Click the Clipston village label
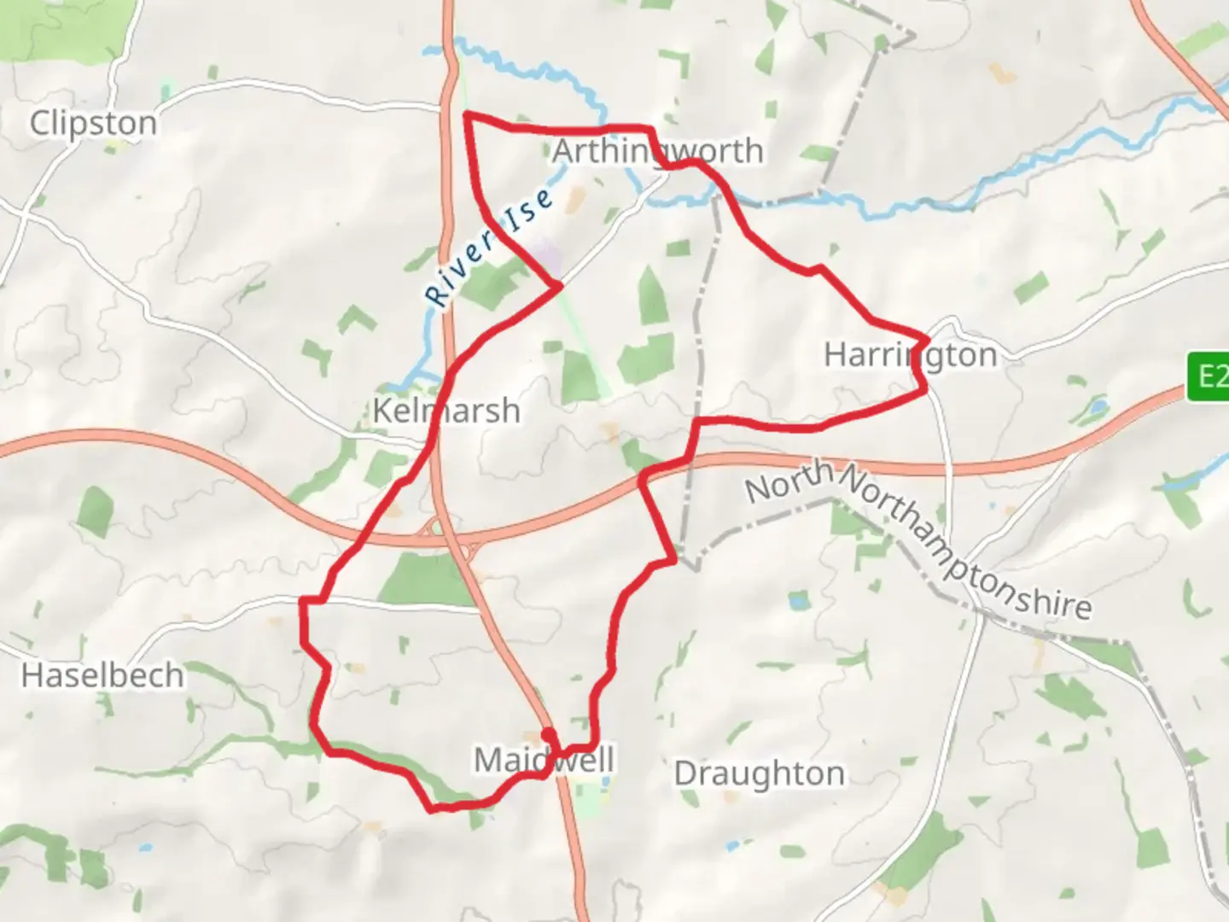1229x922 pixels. [93, 123]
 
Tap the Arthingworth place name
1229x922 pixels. [657, 151]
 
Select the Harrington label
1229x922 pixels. [910, 354]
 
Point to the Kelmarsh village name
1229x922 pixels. [446, 411]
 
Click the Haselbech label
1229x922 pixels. [102, 675]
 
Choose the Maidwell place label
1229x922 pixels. [543, 759]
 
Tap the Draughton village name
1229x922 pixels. [759, 773]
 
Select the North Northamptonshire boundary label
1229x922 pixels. [917, 538]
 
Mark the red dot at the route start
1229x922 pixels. [548, 733]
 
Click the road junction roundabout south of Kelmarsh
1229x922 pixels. [437, 528]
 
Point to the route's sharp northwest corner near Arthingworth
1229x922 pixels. [466, 114]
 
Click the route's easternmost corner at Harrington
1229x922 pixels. [927, 340]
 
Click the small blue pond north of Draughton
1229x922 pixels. [797, 601]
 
